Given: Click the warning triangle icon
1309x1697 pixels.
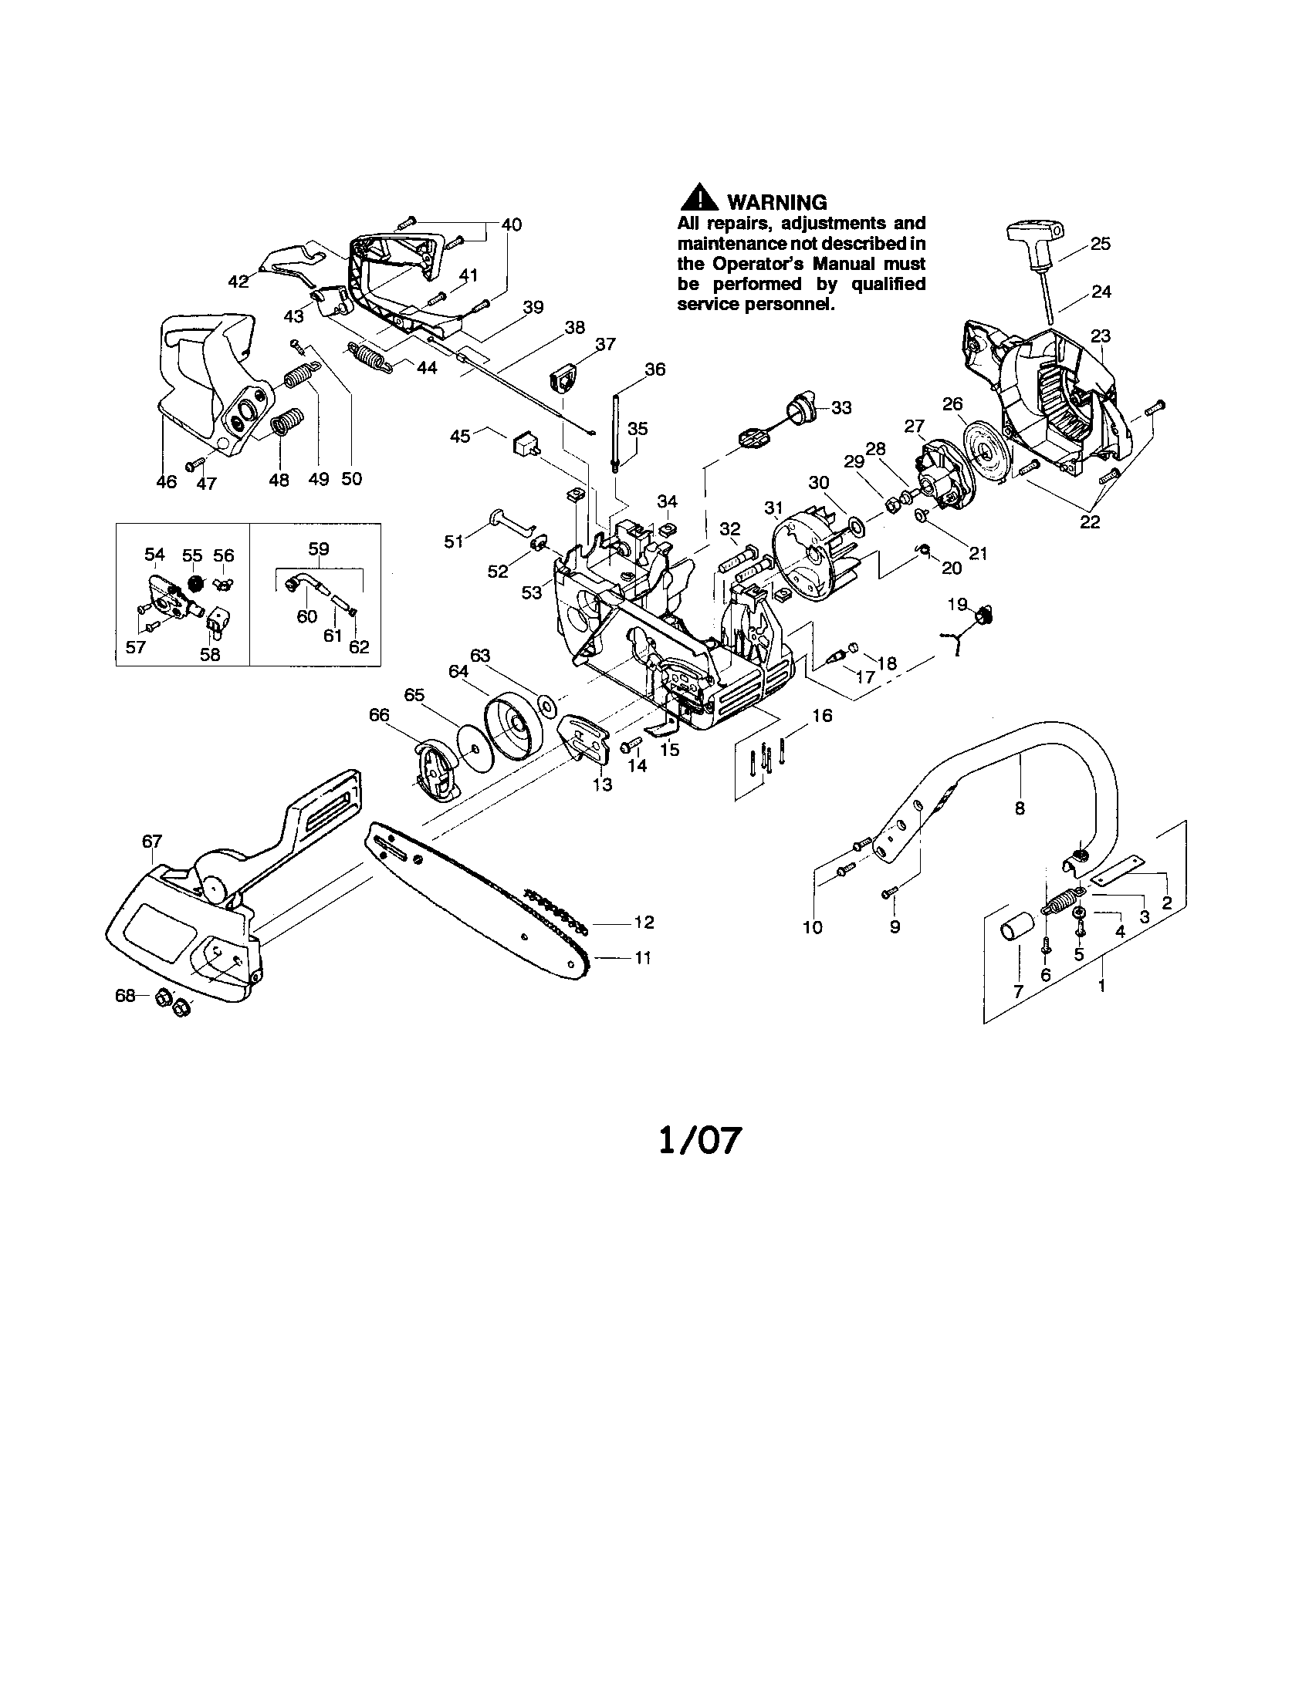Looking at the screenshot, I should point(698,199).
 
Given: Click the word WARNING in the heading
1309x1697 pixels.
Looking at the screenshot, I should point(776,202).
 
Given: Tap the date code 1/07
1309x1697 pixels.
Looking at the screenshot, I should point(698,1141).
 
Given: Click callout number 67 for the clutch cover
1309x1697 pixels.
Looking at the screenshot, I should point(151,841).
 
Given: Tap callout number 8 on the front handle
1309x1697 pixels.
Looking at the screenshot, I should point(1019,808).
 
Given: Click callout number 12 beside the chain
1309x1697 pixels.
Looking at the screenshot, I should point(644,922).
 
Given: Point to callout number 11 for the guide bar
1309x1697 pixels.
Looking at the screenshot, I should point(642,958).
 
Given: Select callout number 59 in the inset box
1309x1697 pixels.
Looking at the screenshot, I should point(319,548).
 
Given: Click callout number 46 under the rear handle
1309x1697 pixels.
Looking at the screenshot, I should point(167,482).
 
